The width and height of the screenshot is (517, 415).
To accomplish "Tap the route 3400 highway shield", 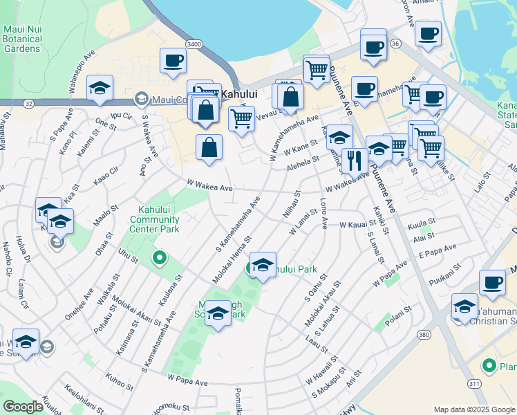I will pos(194,44).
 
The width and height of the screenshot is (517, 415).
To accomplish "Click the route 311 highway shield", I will pos(475,382).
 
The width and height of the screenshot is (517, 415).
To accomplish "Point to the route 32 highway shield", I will pos(28,103).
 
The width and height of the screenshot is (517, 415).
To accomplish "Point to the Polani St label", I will pos(399,309).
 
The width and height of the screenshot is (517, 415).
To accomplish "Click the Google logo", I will pos(23,406).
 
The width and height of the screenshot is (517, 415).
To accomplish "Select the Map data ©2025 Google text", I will pos(474,409).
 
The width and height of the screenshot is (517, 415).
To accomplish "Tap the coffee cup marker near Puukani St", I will pos(492,282).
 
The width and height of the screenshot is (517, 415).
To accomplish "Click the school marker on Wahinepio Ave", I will pos(100,88).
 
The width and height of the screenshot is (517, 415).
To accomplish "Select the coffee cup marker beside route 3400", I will pos(173,60).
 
